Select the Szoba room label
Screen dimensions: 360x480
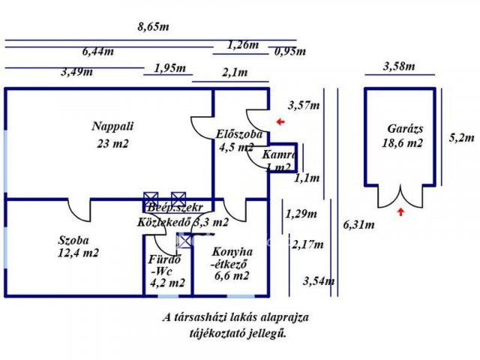[73, 241]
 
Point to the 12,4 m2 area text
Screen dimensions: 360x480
[77, 253]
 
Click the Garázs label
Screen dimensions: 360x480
[405, 128]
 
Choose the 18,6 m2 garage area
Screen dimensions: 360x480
[403, 142]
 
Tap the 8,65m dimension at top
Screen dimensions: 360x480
[153, 27]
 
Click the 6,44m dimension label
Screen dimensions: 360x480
[98, 52]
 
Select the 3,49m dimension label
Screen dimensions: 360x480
[76, 72]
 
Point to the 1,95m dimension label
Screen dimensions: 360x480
[169, 68]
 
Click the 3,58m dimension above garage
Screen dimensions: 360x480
[398, 66]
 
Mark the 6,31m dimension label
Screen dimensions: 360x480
[358, 224]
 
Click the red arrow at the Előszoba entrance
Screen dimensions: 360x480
[280, 121]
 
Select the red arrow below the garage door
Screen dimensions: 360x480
[401, 213]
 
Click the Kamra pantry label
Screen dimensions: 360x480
[279, 154]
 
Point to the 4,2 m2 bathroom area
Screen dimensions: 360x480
[166, 283]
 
